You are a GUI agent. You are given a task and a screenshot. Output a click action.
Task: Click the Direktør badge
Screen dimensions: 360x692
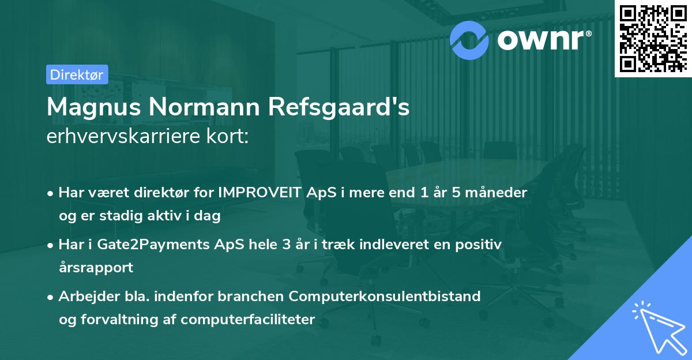click(77, 74)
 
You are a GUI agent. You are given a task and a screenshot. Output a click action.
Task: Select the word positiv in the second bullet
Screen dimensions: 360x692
click(481, 245)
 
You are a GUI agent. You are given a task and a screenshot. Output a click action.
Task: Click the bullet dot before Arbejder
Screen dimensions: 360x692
click(51, 297)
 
